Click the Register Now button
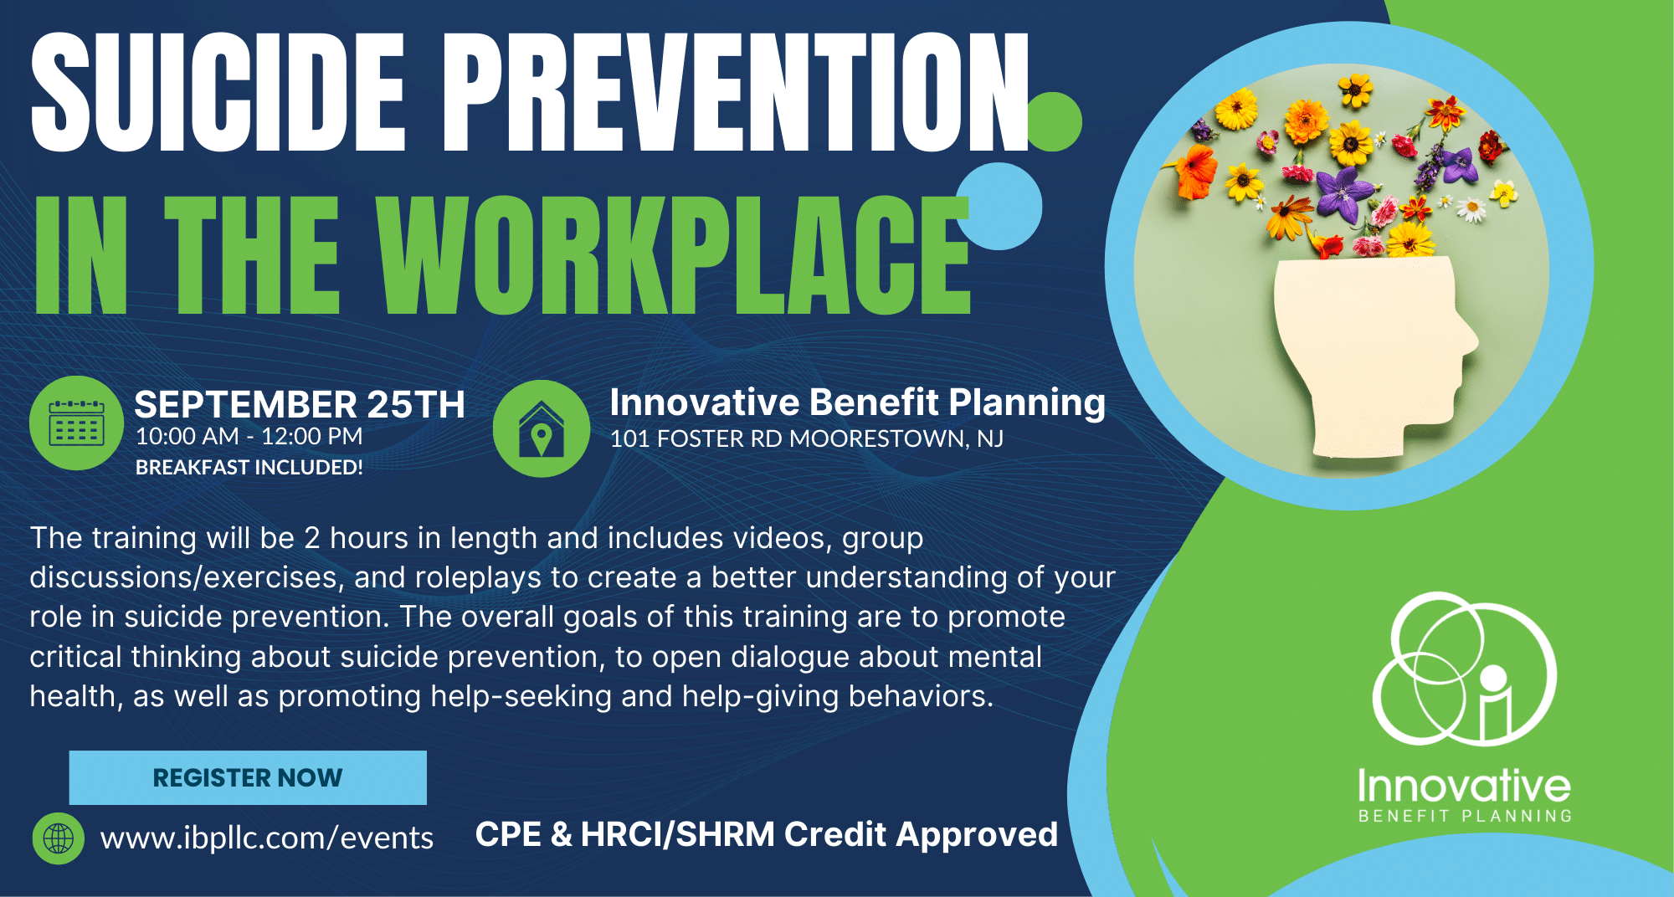coord(248,777)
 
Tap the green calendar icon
coord(76,423)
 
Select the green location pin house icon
coord(542,428)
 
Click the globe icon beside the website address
coord(58,838)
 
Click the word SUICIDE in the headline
coord(218,93)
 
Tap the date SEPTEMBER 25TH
coord(300,405)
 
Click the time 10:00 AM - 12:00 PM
coord(249,437)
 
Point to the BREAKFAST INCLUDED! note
coord(249,467)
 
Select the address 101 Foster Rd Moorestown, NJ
coord(807,438)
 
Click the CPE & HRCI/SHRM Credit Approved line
coord(767,834)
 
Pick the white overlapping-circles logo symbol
coord(1464,669)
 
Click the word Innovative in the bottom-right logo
coord(1464,786)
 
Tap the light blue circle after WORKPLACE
coord(999,206)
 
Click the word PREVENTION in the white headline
coord(736,93)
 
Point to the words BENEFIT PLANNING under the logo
coord(1465,816)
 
